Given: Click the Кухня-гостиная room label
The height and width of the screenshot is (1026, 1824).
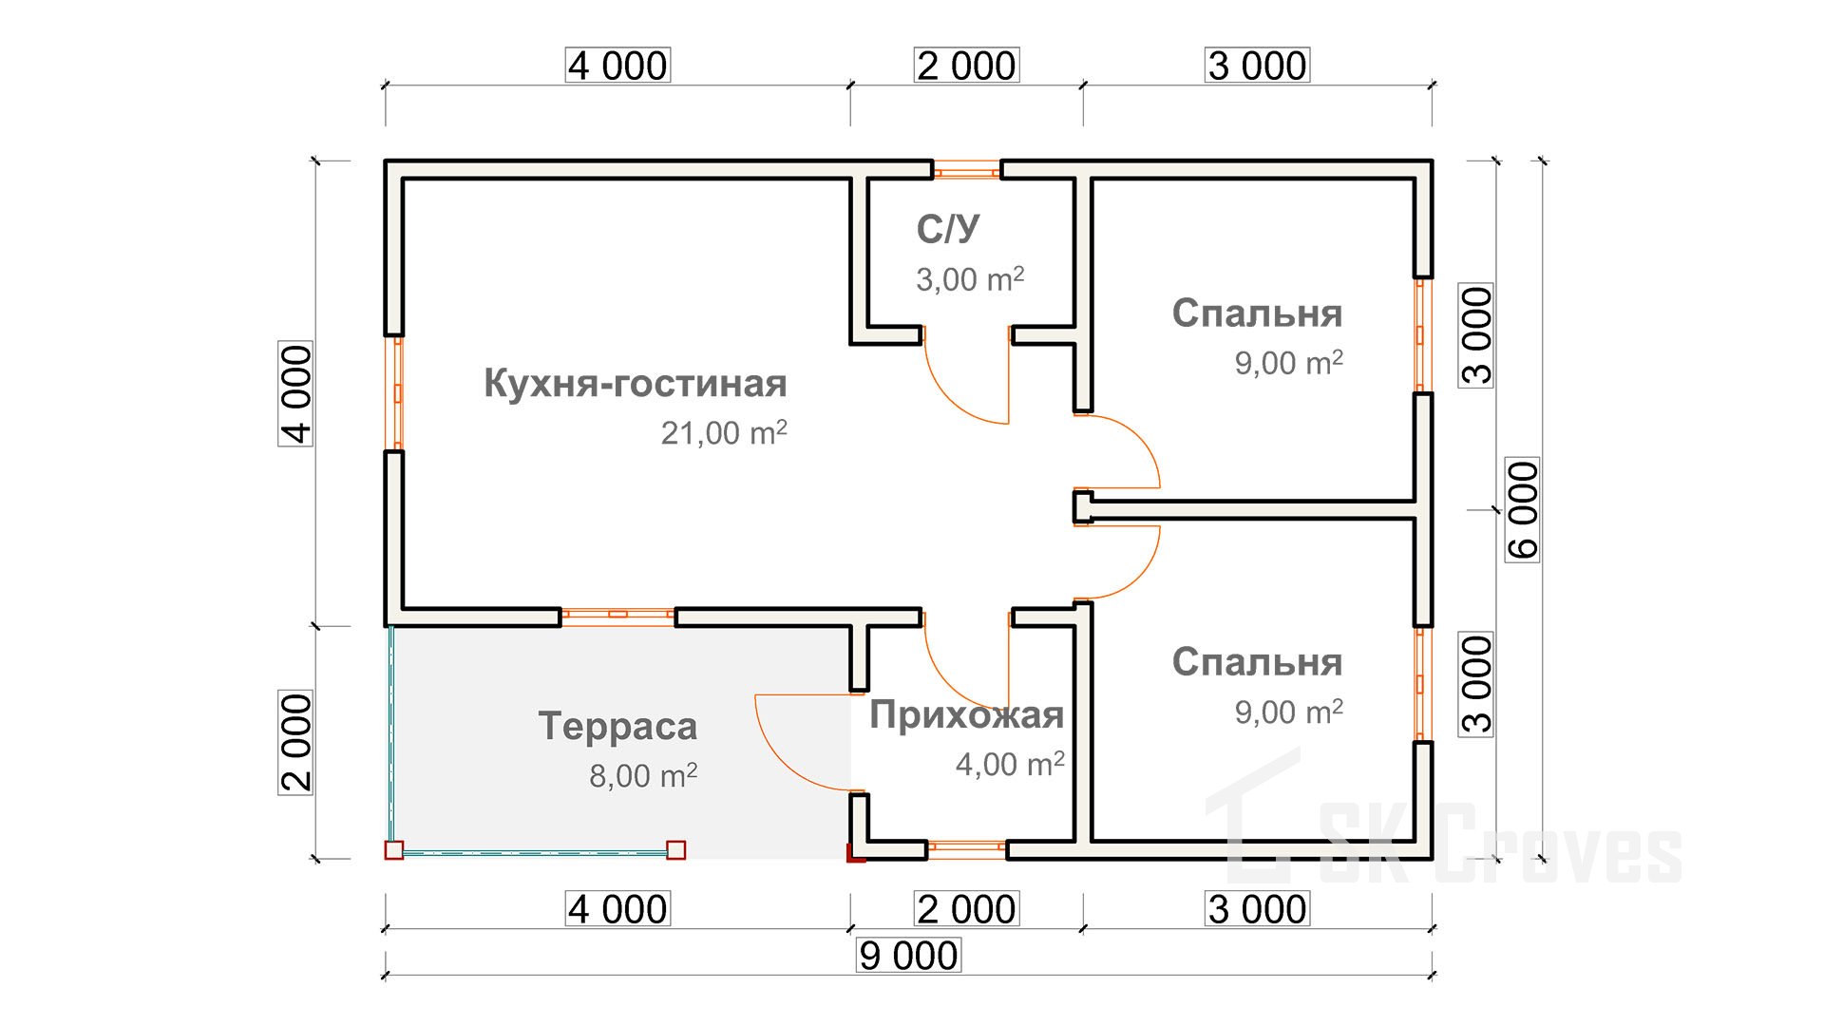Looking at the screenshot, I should pos(635,384).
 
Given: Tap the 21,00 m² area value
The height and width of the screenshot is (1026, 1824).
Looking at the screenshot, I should pos(723,433).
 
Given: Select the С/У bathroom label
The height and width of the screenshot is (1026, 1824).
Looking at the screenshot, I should pos(947,229).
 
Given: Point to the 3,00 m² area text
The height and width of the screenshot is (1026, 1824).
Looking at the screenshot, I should pos(969,279).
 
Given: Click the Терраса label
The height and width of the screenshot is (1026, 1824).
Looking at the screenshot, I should pos(617,727).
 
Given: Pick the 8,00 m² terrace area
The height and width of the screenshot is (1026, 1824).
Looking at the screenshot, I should pos(643,776).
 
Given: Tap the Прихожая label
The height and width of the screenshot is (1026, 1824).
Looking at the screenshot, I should pos(966,715).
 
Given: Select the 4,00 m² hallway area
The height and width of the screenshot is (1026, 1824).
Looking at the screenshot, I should pos(1009,764).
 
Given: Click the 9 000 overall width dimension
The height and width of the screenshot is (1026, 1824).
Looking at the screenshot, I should pos(908,956).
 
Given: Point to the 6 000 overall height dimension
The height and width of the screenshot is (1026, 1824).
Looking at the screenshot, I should pos(1522,510).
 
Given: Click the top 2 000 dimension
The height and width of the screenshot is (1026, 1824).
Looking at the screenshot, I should pos(966,66).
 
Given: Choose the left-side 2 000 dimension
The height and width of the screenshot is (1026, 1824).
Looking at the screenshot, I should pos(296,743).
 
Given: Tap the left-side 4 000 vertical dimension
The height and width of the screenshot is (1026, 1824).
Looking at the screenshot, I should pos(296,394).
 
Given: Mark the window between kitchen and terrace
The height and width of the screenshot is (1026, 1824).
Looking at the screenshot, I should pos(617,615).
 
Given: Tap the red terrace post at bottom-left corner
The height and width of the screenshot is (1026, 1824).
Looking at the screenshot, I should pos(393,850).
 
